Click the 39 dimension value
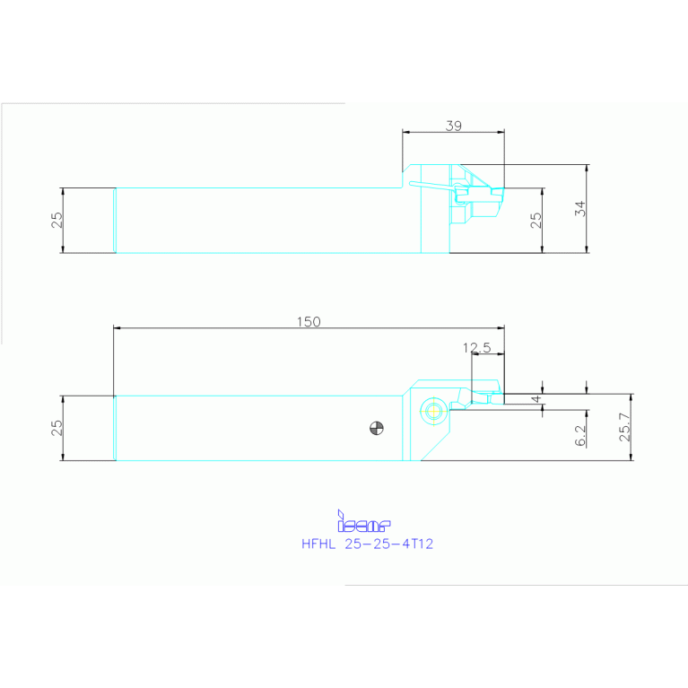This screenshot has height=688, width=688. point(454,126)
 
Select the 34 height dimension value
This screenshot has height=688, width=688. point(580,208)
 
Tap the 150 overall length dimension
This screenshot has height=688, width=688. point(309,322)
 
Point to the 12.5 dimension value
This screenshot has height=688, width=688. point(477,348)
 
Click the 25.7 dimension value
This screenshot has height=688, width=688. point(625,427)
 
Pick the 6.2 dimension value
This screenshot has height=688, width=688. point(580,435)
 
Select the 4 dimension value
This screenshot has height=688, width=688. point(536,399)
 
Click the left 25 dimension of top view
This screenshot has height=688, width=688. point(57,221)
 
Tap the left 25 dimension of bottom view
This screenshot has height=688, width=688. point(57,428)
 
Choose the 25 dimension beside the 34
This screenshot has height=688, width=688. point(536,221)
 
